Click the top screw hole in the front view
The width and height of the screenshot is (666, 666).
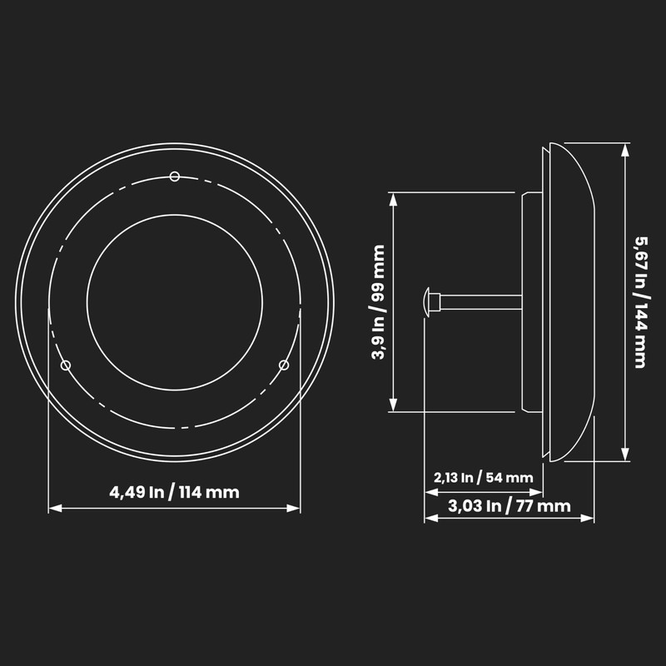click(175, 176)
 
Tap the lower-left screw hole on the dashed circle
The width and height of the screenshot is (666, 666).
click(66, 365)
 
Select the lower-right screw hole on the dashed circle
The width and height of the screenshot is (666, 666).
click(284, 365)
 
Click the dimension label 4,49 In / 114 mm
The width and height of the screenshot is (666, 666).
click(174, 492)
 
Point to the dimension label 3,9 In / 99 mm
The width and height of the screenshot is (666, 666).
click(378, 302)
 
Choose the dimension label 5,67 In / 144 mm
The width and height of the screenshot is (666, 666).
click(640, 302)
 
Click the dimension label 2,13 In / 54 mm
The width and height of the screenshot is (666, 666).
click(484, 477)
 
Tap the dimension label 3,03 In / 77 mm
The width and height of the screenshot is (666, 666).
click(509, 506)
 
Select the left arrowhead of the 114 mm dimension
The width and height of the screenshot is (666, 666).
click(55, 508)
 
